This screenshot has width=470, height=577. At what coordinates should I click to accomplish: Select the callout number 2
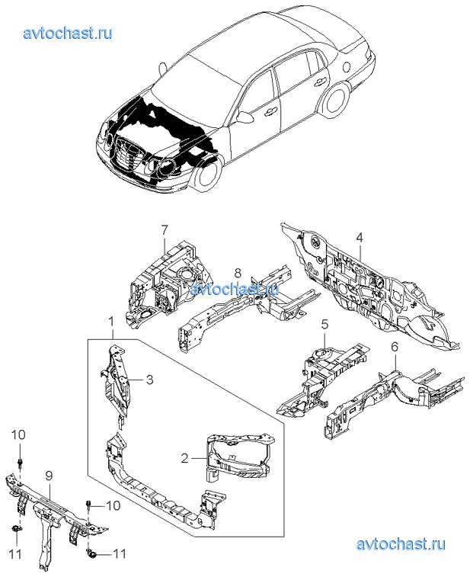point(184,458)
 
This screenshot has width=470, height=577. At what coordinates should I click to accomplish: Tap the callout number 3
point(150,379)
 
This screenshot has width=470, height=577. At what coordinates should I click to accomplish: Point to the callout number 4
point(359,236)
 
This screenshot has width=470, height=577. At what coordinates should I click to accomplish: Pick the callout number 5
point(324,325)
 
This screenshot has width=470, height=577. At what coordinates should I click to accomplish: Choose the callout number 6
point(395,347)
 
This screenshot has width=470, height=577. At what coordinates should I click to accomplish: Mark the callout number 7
point(163,229)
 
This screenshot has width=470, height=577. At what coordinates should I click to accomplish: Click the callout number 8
point(238,272)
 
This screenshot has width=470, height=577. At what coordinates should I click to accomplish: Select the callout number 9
point(48,476)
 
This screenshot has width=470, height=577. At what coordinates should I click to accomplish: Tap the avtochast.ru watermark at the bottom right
point(400,544)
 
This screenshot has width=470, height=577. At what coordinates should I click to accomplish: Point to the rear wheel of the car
point(336,100)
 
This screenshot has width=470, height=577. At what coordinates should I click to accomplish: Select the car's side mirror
point(245,117)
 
